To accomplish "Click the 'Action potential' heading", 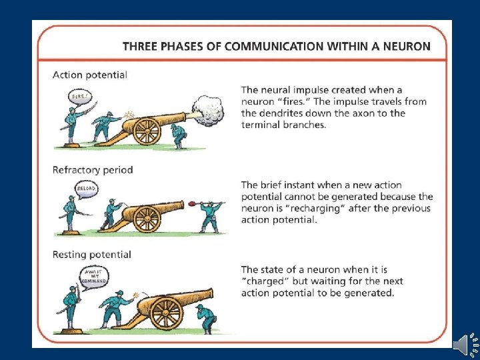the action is coord(90,75).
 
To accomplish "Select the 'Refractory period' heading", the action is coord(93,169).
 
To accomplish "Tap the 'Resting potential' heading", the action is coord(92,254).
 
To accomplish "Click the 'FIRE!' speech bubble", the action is coord(79,97).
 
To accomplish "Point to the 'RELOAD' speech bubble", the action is coord(87,189).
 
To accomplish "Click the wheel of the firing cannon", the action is coord(147,129).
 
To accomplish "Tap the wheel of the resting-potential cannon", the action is coord(166,311).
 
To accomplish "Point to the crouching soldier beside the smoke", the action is coord(178,134).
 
